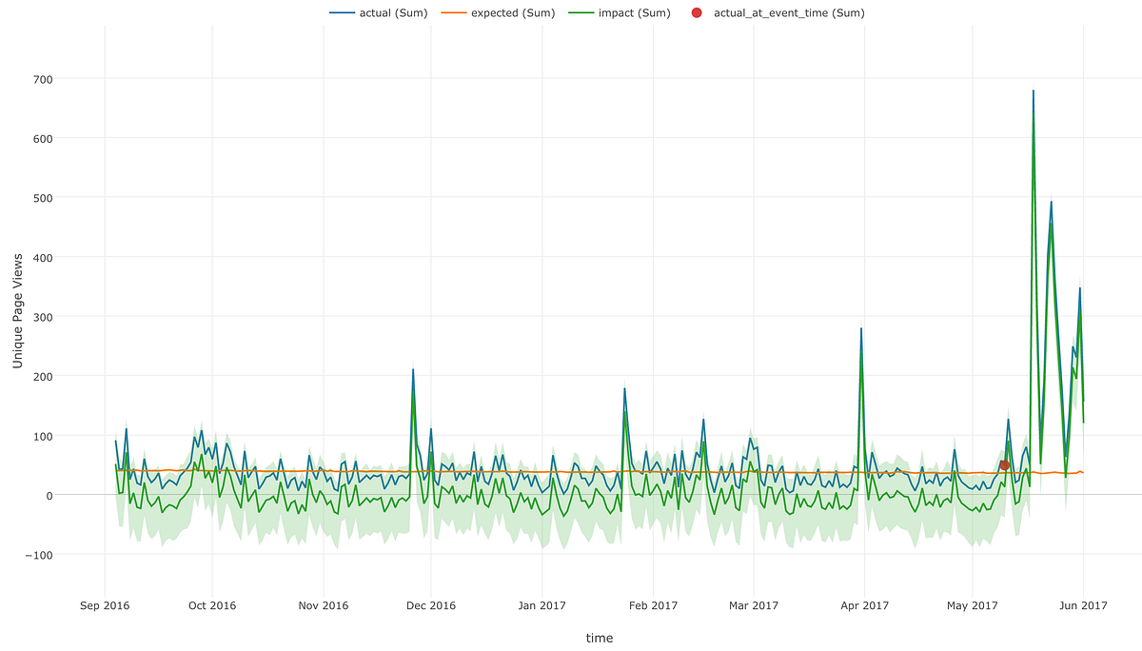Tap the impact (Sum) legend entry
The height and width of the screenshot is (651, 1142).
point(622,12)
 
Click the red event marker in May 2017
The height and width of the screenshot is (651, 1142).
point(1004,464)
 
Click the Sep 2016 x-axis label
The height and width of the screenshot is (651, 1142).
point(104,604)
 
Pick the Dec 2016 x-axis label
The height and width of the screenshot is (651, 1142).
point(430,604)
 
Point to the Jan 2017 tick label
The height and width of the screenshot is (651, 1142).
point(541,604)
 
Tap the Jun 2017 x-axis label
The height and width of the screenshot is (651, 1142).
point(1083,604)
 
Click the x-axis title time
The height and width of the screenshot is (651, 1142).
point(600,638)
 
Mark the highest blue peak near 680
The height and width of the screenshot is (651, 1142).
point(1033,91)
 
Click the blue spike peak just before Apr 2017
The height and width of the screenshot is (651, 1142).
point(861,329)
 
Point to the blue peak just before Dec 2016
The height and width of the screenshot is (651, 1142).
point(413,369)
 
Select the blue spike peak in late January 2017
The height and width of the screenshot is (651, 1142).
point(624,388)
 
